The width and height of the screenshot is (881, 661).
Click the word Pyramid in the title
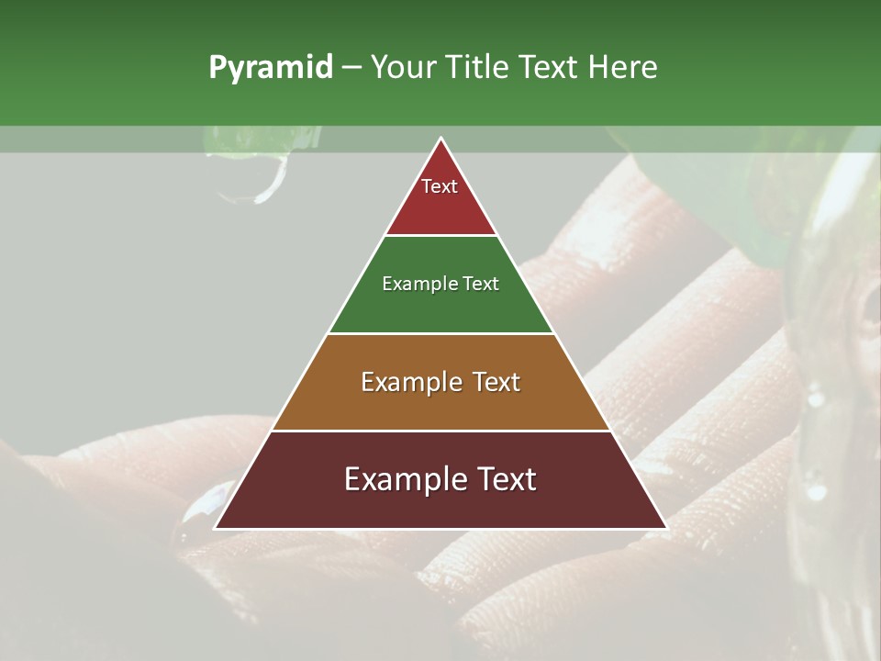pyautogui.click(x=270, y=68)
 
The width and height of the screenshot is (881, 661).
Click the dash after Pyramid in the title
pyautogui.click(x=351, y=68)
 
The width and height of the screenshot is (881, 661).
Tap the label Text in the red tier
pyautogui.click(x=440, y=186)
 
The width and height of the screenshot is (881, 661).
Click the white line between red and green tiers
pyautogui.click(x=440, y=236)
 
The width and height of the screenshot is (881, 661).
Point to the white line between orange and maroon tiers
pyautogui.click(x=440, y=431)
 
